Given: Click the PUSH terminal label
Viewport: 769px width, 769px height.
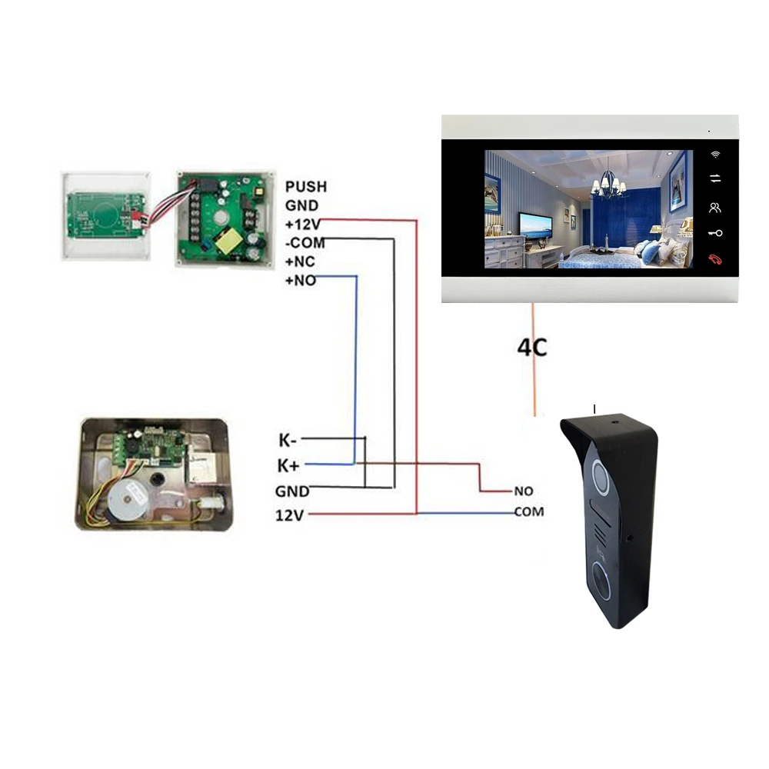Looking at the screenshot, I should [305, 187].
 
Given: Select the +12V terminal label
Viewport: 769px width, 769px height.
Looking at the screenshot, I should [301, 224].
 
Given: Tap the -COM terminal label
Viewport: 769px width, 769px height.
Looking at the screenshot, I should [304, 243].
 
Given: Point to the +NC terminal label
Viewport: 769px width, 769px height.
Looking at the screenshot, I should [300, 262].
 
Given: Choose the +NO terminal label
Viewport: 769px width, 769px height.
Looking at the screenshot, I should [300, 281].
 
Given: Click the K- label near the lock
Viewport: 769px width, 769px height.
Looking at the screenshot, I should [288, 441].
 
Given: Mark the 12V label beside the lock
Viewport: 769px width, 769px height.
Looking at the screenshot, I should [291, 514].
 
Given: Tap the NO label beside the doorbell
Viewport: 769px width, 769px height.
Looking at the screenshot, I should [523, 491].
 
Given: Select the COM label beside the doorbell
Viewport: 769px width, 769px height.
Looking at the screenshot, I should [528, 511].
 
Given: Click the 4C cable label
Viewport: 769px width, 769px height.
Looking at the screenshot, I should [531, 348].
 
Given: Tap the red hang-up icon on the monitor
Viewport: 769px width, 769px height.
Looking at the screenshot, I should [716, 259].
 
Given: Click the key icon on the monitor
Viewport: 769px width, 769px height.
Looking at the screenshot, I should [716, 233].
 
